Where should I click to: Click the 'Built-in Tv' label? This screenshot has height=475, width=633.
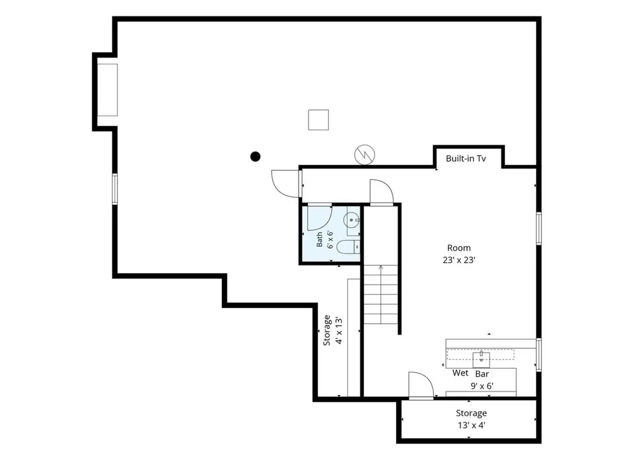465,158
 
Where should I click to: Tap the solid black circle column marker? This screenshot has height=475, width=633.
255,157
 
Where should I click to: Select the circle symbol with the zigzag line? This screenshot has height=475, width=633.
365,155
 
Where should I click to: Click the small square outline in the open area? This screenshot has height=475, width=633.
319,120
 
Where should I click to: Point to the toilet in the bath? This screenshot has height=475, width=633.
348,247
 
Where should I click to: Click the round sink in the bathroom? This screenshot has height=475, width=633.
351,220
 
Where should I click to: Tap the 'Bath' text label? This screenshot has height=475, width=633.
319,240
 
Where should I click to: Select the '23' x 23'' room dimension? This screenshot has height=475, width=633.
459,260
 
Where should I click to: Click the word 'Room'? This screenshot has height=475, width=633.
459,248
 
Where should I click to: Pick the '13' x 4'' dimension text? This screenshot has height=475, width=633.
471,425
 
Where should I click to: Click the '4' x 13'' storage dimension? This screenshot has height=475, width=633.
339,331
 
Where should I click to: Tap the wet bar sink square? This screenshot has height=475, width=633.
481,360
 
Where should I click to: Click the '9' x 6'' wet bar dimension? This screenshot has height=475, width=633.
482,386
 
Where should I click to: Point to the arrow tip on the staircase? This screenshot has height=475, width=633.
381,266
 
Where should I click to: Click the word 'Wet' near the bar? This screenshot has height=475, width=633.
461,373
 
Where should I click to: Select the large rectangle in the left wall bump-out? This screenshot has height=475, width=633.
107,90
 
